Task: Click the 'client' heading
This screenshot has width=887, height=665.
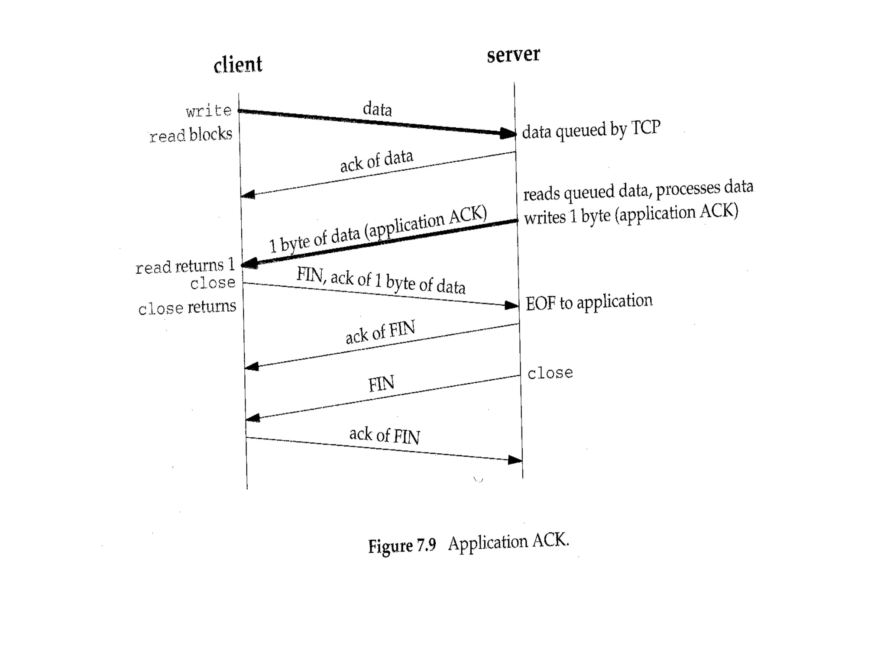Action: click(x=238, y=65)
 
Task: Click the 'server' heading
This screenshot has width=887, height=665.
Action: click(x=513, y=55)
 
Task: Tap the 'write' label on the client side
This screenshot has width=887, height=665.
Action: click(x=209, y=111)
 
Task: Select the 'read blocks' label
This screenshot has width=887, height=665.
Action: click(x=191, y=135)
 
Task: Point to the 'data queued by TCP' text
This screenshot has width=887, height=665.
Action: click(x=591, y=129)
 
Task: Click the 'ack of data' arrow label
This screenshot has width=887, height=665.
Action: click(x=376, y=161)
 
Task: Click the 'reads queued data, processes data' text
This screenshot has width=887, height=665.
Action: click(x=638, y=190)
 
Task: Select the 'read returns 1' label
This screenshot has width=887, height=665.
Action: click(x=185, y=266)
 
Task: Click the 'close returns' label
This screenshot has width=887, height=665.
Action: click(x=187, y=307)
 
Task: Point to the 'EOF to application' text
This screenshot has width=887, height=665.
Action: click(x=589, y=302)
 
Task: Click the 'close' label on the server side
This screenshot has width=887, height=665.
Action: click(x=550, y=373)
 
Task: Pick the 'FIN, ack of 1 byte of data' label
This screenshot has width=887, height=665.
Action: click(x=381, y=281)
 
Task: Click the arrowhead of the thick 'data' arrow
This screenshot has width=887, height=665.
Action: click(x=508, y=133)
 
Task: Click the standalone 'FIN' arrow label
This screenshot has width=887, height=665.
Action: click(x=381, y=384)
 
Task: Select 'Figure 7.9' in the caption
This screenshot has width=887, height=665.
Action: click(x=401, y=546)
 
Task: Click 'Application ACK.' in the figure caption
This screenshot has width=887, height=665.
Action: click(x=508, y=542)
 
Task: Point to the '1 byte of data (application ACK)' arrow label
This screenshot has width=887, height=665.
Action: click(x=378, y=229)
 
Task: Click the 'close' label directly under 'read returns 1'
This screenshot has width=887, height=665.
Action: click(x=213, y=283)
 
